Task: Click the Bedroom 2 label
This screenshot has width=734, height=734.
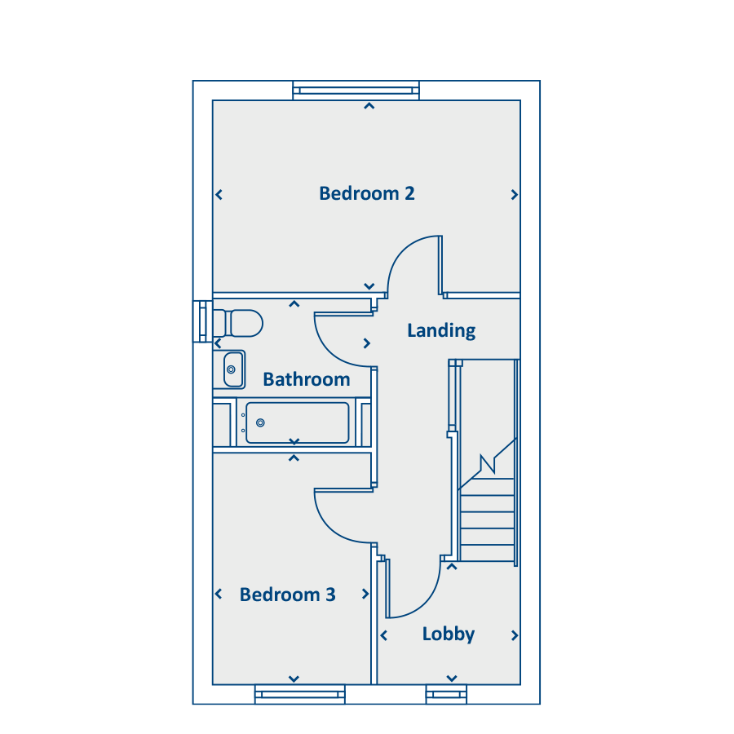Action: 366,193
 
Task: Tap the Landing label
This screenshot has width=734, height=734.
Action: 441,331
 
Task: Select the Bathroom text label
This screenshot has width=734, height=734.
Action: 307,379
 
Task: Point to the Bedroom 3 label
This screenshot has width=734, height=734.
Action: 287,595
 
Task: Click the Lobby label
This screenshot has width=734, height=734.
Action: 449,635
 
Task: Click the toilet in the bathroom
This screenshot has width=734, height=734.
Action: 238,323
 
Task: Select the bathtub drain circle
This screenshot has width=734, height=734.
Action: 260,422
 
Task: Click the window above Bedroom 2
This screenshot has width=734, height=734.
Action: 356,91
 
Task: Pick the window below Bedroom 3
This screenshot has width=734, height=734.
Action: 299,694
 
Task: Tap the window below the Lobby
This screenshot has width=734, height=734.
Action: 446,694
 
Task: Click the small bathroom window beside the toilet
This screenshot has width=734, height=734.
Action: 203,321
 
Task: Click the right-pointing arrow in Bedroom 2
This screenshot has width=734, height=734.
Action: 514,194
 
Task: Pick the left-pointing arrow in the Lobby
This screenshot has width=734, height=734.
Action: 384,635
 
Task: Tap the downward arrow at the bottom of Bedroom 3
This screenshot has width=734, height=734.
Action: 294,679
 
